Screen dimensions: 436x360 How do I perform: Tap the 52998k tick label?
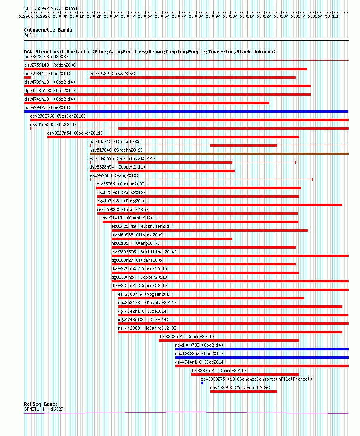[x=25, y=16]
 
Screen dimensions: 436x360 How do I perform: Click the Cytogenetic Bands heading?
[x=48, y=30]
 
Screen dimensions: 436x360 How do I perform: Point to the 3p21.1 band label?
[x=32, y=35]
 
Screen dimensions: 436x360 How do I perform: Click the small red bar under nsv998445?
[x=27, y=78]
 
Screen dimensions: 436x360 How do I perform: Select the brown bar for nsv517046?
[x=219, y=154]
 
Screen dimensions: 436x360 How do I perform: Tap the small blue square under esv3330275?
[x=202, y=383]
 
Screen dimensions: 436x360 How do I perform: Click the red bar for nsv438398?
[x=244, y=392]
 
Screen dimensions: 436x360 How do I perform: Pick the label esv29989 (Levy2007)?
[x=112, y=74]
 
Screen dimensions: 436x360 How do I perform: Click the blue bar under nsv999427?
[x=186, y=112]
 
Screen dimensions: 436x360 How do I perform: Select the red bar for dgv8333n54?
[x=244, y=375]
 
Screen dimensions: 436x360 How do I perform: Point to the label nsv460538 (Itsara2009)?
[x=138, y=235]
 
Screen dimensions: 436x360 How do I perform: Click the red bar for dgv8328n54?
[x=162, y=171]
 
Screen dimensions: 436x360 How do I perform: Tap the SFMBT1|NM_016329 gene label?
[x=43, y=409]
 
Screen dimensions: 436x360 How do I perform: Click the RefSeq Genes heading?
[x=41, y=404]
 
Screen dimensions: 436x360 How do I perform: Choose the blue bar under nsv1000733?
[x=261, y=349]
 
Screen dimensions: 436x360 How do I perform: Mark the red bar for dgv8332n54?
[x=229, y=341]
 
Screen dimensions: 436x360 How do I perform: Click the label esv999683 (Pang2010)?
[x=114, y=175]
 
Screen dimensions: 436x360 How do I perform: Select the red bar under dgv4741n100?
[x=146, y=103]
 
